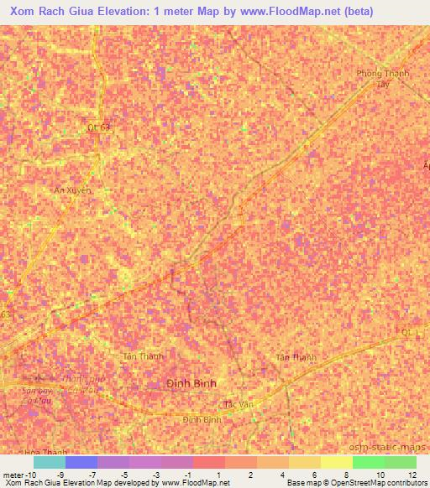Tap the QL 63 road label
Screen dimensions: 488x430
(x=99, y=127)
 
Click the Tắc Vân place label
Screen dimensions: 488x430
(x=239, y=404)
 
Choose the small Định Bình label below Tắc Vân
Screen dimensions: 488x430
(x=202, y=419)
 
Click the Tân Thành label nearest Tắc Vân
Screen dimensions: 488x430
(x=296, y=358)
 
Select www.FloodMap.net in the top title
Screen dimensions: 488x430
(x=291, y=11)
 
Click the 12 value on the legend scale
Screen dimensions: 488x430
(x=411, y=474)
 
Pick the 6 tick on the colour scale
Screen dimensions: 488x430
(x=312, y=474)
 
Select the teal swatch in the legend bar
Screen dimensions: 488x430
(x=49, y=462)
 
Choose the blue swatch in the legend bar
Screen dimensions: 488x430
(x=81, y=462)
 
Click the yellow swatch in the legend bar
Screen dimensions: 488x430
(x=336, y=462)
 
